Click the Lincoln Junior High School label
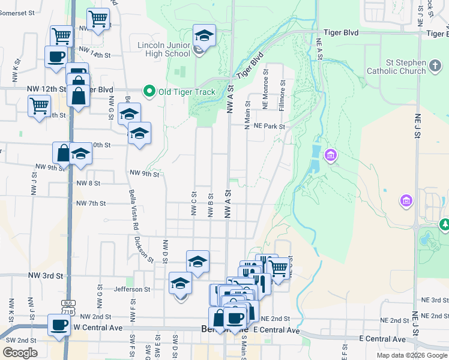(164, 49)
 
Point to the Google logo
(20, 353)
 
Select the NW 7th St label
(91, 203)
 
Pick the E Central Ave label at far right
(382, 340)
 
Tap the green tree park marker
(444, 225)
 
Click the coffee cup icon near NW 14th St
(56, 58)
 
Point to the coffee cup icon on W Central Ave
(59, 325)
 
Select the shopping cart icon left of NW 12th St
(40, 106)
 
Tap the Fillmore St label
(281, 98)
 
